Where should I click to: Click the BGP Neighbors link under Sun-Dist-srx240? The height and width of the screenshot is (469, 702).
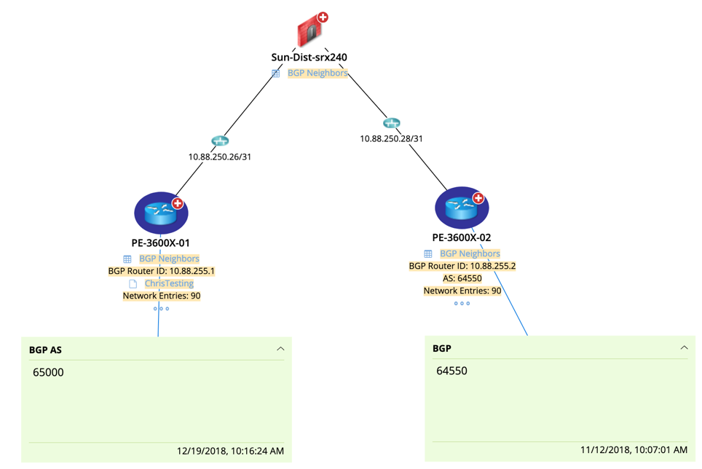click(x=318, y=73)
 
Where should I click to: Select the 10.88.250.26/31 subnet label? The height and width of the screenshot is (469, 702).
click(x=219, y=157)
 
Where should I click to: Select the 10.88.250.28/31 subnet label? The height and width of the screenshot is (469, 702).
click(x=391, y=138)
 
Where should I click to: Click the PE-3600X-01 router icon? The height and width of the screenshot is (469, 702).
click(x=161, y=213)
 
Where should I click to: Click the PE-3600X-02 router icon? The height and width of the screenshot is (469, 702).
click(x=462, y=208)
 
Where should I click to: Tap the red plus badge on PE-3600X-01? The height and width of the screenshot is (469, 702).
click(x=178, y=203)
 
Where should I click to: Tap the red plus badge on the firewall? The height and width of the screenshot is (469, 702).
click(x=323, y=17)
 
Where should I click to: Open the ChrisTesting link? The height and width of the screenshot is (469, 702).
click(x=169, y=283)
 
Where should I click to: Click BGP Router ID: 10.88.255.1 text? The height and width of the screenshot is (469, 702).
click(x=161, y=271)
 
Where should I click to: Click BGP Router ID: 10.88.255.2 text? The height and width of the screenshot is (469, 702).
click(x=462, y=266)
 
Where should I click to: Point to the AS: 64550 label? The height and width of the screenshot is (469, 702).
click(x=462, y=278)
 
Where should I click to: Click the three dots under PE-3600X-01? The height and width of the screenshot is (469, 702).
click(x=161, y=308)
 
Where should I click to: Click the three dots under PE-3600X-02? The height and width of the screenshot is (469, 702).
click(x=462, y=303)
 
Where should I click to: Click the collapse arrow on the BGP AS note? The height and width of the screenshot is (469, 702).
click(x=280, y=349)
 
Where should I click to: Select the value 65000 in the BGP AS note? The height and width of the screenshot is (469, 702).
click(x=48, y=372)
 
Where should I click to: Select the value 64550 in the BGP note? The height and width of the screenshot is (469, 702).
click(x=451, y=371)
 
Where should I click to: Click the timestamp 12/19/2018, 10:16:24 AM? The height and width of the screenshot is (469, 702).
click(x=230, y=451)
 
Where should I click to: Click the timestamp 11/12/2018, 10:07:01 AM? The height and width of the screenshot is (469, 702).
click(x=634, y=449)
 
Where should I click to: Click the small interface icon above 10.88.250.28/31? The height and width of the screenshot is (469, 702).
click(x=392, y=123)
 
